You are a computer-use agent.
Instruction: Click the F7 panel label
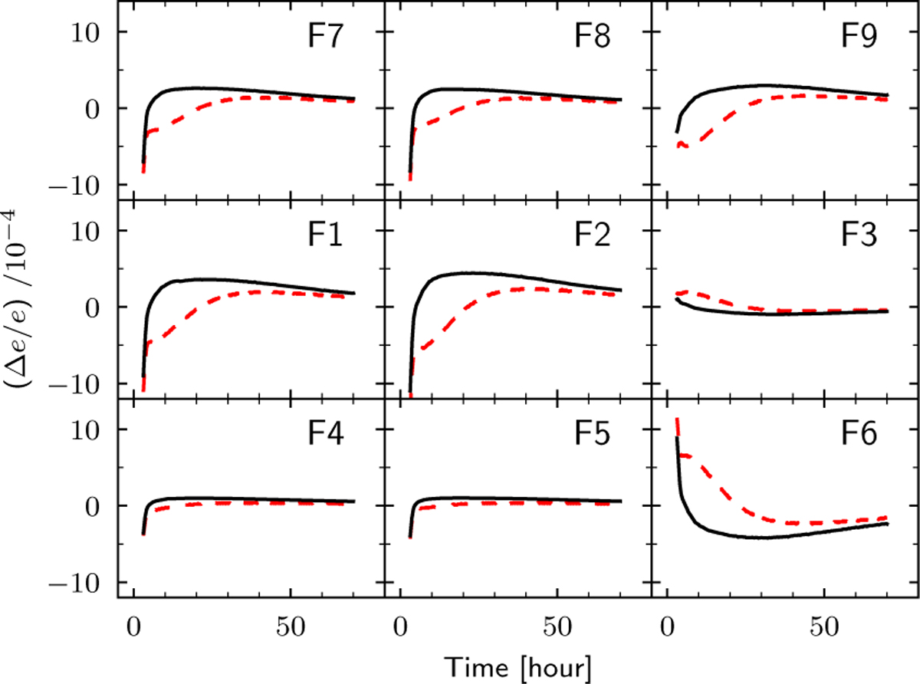[x=326, y=36]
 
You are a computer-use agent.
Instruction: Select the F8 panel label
[x=593, y=36]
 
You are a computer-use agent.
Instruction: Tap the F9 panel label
[x=859, y=36]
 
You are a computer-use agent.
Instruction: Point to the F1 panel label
[x=326, y=235]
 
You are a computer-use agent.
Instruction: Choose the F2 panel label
[x=593, y=235]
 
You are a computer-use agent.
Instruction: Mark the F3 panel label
[x=859, y=235]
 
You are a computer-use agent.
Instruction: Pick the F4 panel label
[x=326, y=434]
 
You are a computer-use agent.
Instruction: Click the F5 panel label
[x=593, y=434]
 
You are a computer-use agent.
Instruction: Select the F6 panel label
[x=859, y=434]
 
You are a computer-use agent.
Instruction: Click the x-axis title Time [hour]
[x=517, y=668]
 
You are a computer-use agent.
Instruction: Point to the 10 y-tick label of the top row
[x=85, y=32]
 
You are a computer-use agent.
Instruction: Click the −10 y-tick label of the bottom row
[x=75, y=584]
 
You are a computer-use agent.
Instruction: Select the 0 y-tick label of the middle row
[x=93, y=307]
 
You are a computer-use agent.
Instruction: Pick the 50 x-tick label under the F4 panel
[x=291, y=627]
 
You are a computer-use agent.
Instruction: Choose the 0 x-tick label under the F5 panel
[x=401, y=627]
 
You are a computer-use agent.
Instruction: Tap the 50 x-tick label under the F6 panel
[x=824, y=627]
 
